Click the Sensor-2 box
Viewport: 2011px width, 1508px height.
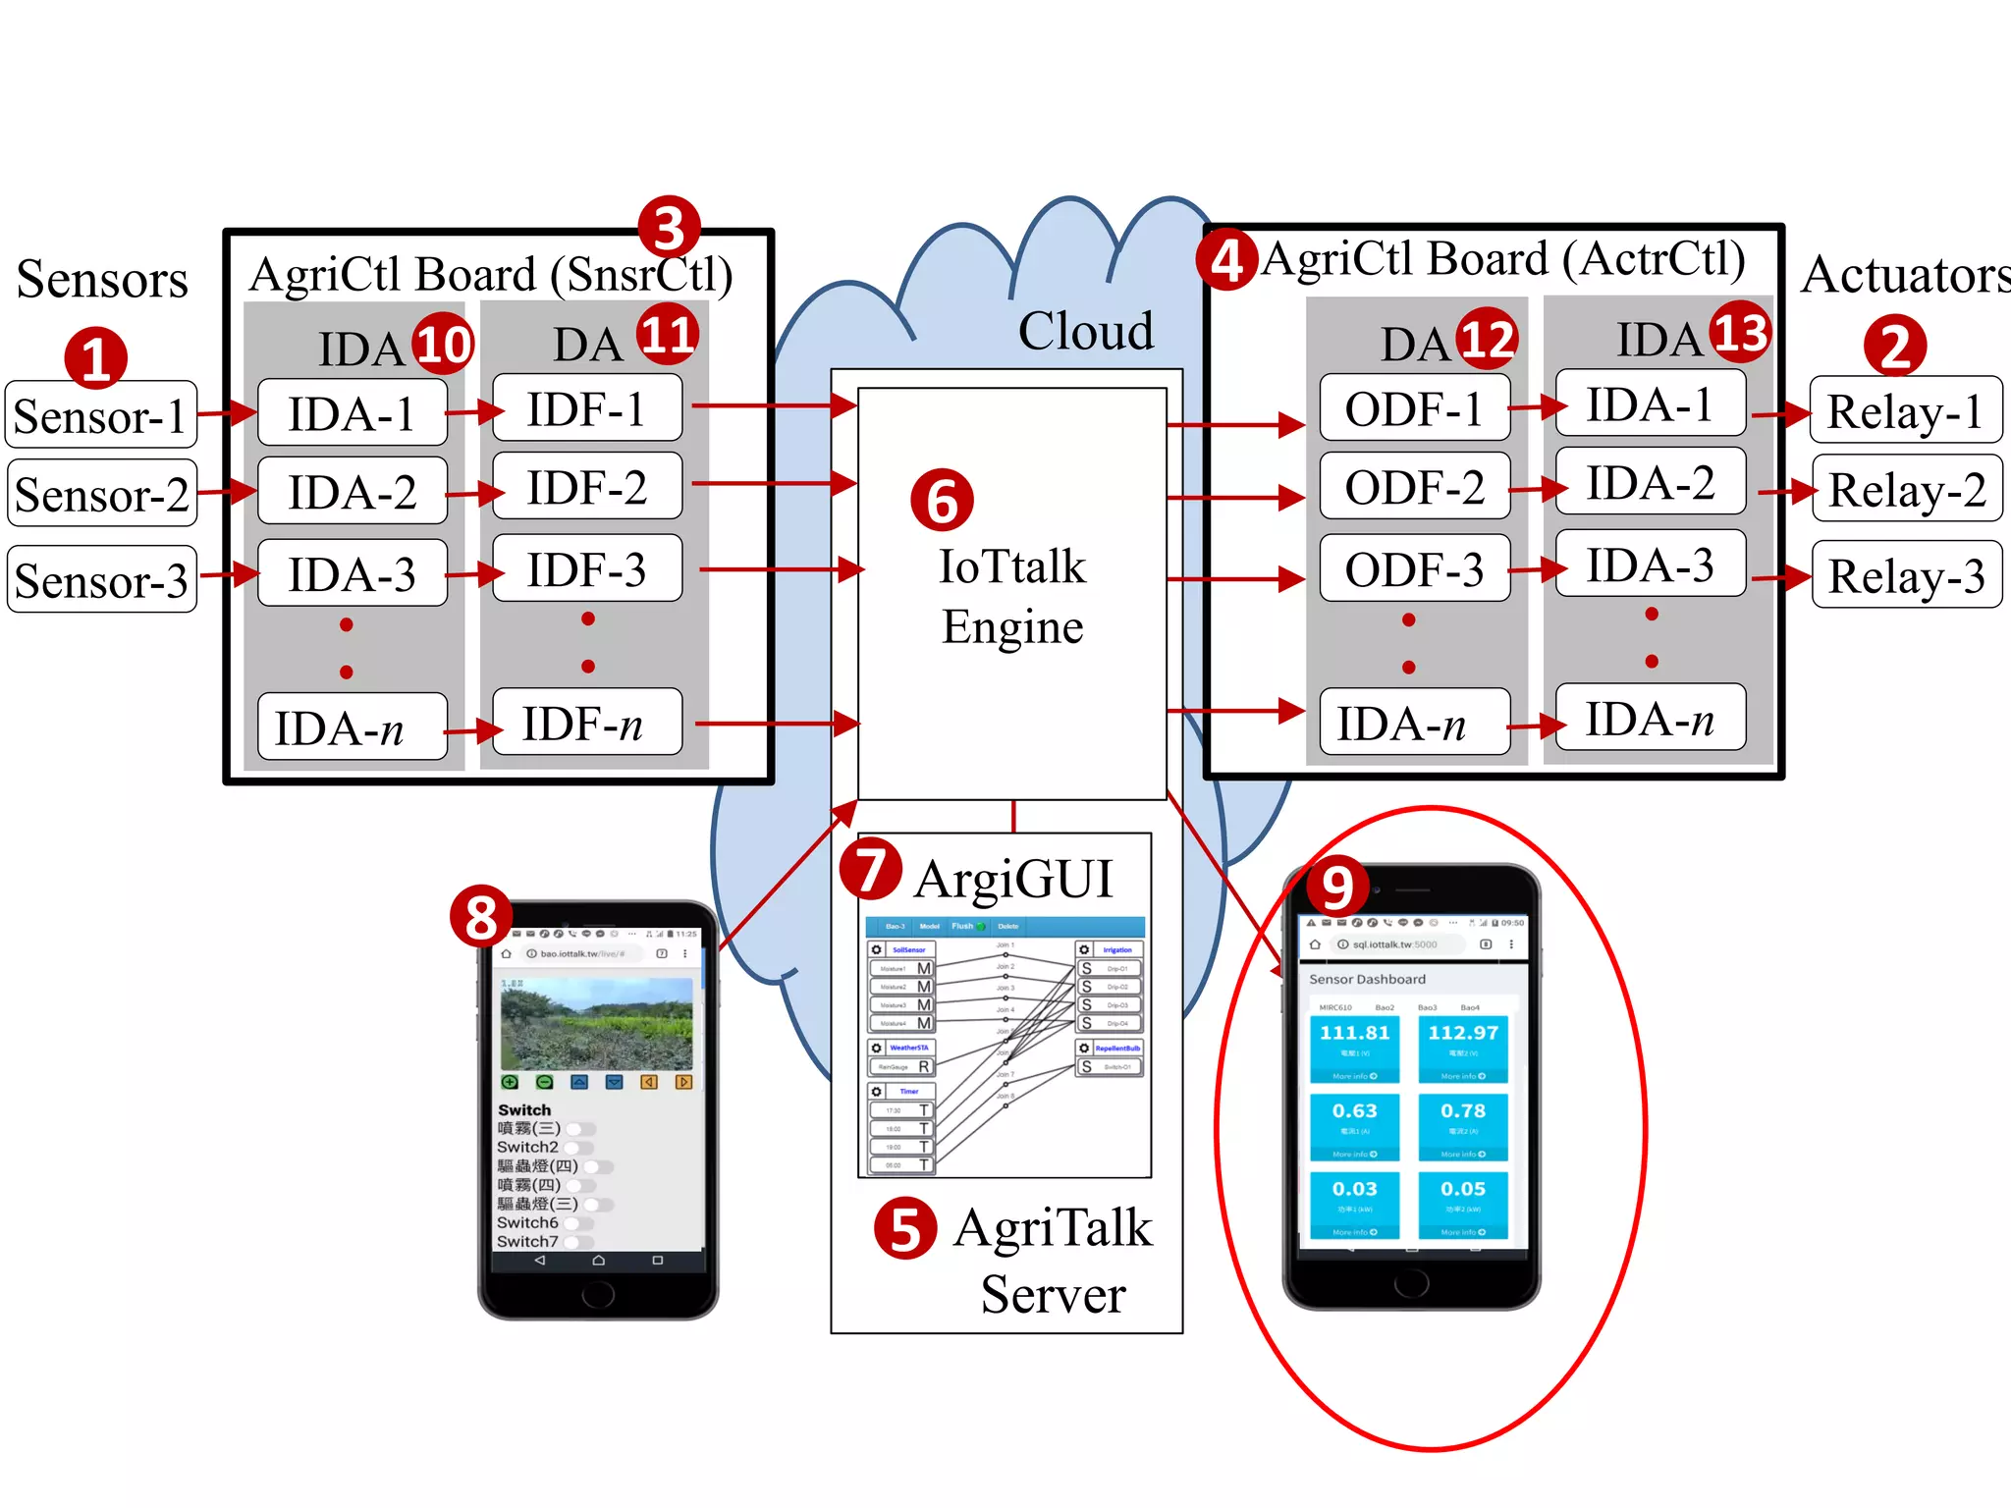[101, 494]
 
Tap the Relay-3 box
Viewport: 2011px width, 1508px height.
[1906, 575]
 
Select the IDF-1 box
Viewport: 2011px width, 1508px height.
[586, 408]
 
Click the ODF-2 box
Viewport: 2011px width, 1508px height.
[1414, 487]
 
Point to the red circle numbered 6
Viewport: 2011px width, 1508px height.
[942, 500]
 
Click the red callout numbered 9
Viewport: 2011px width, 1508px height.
[1337, 887]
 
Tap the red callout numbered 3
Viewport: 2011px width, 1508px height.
[669, 227]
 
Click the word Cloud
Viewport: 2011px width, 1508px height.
[1085, 331]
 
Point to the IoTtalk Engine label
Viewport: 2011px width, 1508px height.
[1012, 596]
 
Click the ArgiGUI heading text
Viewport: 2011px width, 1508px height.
[1012, 879]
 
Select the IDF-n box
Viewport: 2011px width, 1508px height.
[586, 723]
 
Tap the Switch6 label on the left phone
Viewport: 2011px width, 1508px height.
[527, 1222]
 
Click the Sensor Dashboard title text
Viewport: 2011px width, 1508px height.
[1367, 979]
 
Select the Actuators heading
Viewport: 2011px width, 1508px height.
[1905, 275]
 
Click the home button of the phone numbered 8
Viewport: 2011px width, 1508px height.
[597, 1294]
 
